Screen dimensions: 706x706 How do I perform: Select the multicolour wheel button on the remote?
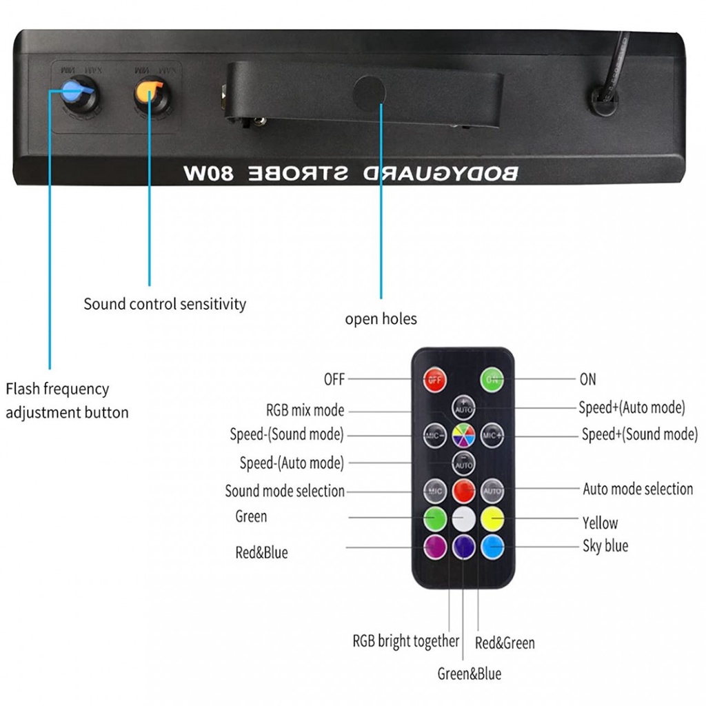(x=463, y=435)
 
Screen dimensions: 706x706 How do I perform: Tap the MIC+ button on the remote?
(x=492, y=435)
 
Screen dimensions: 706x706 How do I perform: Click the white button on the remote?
(x=463, y=518)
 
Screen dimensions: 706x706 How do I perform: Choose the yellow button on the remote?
(x=492, y=518)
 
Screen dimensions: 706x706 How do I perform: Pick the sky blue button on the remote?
(x=492, y=547)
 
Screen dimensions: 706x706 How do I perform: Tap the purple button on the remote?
(x=435, y=547)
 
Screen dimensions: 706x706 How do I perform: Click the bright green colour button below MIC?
(x=435, y=518)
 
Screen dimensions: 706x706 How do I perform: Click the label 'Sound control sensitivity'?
(x=165, y=304)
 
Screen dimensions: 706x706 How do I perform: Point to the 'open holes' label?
(x=381, y=319)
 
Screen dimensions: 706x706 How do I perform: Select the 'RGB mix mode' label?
(x=305, y=410)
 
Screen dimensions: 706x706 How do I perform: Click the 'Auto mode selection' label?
(x=638, y=489)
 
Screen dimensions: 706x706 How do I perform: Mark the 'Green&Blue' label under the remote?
(x=470, y=674)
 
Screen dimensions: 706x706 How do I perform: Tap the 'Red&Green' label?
(x=505, y=643)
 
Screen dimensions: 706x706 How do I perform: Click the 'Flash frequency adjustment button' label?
(x=67, y=401)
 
